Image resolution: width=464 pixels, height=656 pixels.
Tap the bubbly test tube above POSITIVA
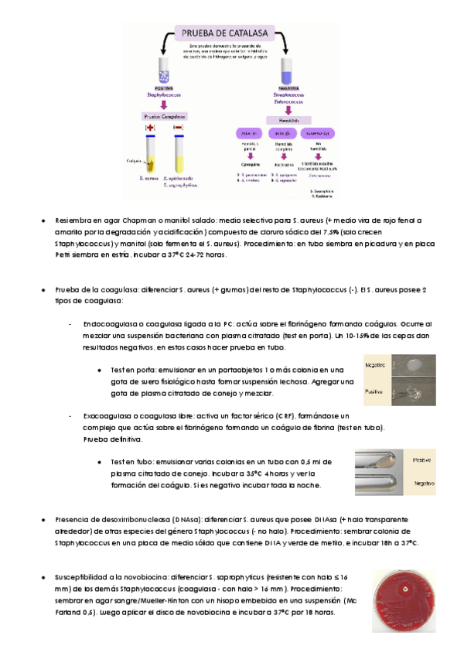coord(164,71)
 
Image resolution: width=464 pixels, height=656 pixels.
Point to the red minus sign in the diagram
coord(179,126)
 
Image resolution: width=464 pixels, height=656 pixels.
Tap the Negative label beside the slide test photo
coord(377,364)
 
